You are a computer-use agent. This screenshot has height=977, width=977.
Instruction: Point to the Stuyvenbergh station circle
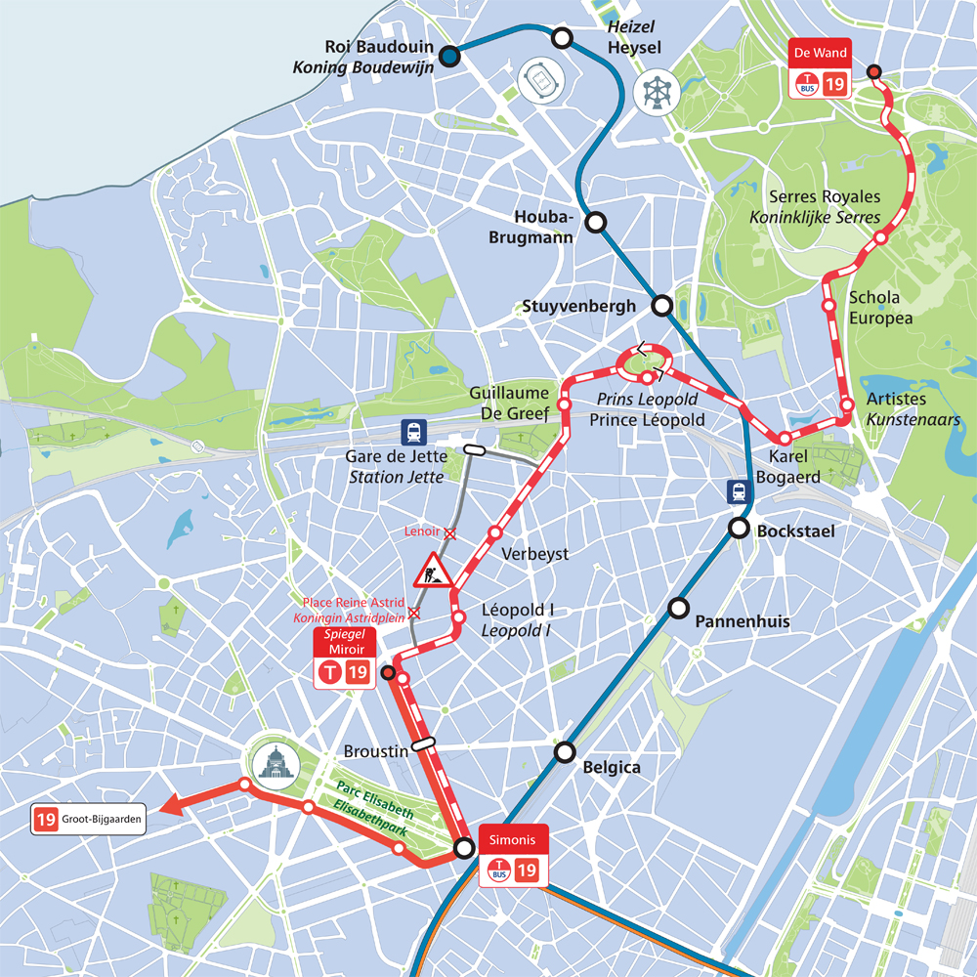pyautogui.click(x=662, y=306)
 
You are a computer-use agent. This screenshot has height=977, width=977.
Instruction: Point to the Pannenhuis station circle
pyautogui.click(x=678, y=609)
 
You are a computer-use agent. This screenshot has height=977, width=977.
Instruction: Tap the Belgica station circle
pyautogui.click(x=565, y=751)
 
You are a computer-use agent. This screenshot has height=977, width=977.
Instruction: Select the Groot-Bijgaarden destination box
pyautogui.click(x=88, y=820)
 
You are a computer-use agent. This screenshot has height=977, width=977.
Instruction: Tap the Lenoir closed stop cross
pyautogui.click(x=450, y=532)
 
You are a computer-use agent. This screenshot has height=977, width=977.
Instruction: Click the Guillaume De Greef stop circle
pyautogui.click(x=564, y=404)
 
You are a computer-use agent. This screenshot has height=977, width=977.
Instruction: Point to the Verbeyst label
pyautogui.click(x=534, y=554)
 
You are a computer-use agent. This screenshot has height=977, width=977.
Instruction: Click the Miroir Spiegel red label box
pyautogui.click(x=345, y=642)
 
